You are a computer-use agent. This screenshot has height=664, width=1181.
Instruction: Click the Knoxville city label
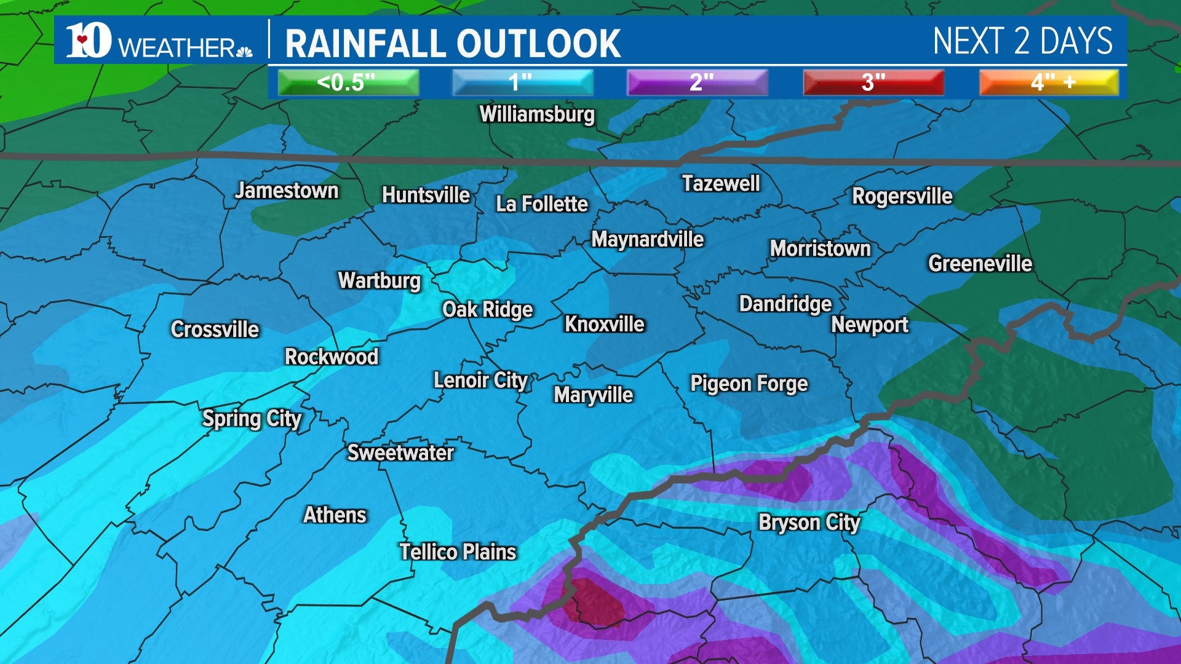point(604,324)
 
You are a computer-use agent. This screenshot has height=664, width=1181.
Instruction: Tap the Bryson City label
point(809,523)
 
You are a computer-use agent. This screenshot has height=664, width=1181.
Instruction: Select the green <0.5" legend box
point(348,82)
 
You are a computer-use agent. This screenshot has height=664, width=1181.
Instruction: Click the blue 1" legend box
point(522,82)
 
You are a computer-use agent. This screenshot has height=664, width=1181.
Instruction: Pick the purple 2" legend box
point(697,82)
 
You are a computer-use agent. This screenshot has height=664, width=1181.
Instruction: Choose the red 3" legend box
point(873,82)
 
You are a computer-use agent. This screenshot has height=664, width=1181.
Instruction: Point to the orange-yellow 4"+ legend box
point(1049,82)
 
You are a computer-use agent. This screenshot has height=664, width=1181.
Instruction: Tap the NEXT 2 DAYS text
point(1022,42)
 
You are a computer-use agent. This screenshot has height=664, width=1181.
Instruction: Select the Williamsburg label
point(537,115)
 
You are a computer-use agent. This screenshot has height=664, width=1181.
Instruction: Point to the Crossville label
point(215,330)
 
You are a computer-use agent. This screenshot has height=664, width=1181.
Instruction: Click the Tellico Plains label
point(458,552)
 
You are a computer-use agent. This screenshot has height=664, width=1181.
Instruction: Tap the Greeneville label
point(980,264)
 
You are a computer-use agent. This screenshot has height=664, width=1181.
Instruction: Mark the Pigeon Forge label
point(749,384)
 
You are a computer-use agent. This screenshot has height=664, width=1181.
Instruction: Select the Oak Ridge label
point(487,309)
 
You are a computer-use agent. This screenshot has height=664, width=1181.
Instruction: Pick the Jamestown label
point(287,191)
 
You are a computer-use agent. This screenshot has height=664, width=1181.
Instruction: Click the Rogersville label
point(902,196)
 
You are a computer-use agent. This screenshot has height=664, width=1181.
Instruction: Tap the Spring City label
point(252,419)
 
